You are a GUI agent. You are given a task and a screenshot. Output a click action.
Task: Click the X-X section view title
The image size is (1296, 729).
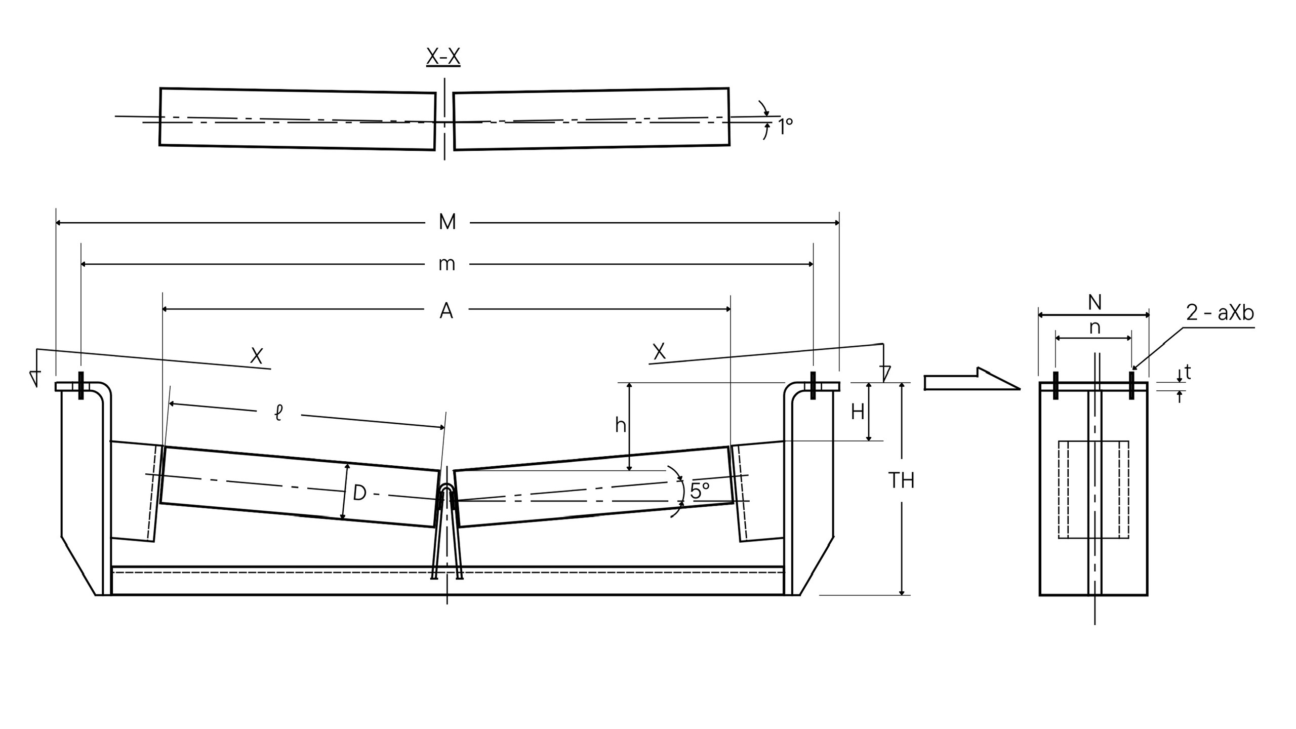(443, 57)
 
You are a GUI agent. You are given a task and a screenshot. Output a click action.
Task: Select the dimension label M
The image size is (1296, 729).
(448, 222)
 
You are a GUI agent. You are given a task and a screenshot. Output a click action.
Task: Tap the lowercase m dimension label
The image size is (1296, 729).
(447, 264)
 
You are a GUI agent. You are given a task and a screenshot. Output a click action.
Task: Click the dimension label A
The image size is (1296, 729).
(446, 311)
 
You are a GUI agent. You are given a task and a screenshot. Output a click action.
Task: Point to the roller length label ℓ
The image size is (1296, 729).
(278, 413)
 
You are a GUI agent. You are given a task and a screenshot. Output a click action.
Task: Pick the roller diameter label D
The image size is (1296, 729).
(359, 493)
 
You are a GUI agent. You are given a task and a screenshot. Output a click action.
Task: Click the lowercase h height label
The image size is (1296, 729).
(620, 426)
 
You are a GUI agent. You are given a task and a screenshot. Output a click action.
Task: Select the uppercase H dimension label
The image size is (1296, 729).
(857, 413)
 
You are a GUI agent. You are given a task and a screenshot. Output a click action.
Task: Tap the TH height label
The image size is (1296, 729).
(902, 480)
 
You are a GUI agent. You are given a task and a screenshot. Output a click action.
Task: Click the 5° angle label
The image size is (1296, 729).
(700, 491)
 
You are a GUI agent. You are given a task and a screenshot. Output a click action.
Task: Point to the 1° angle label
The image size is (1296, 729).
(785, 127)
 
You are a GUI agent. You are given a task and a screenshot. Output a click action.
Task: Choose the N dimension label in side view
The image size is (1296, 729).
(1095, 303)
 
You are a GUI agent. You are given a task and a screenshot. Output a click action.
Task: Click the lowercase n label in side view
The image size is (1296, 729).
(1095, 328)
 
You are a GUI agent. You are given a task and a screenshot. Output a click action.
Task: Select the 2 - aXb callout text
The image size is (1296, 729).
(1220, 313)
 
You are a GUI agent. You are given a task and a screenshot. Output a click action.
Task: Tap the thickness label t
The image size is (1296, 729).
(1188, 373)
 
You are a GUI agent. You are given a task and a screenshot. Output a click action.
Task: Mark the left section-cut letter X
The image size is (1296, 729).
(257, 356)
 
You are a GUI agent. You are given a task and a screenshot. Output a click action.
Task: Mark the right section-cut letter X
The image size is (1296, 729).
(659, 351)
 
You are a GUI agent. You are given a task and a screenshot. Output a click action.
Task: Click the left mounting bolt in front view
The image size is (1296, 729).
(81, 385)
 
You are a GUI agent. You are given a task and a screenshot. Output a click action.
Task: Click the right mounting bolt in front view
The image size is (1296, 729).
(813, 385)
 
